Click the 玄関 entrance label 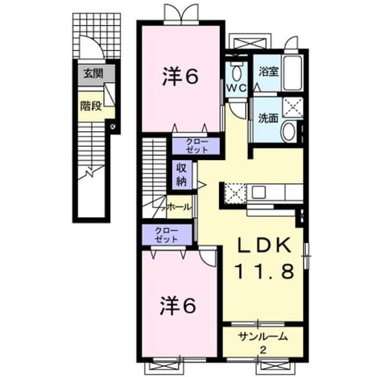[x=93, y=73]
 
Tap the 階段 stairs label [x=91, y=105]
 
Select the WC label [x=237, y=88]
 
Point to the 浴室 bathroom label [x=269, y=71]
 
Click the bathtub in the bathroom [x=292, y=73]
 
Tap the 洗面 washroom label [x=268, y=118]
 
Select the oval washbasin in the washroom [x=289, y=131]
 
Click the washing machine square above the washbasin [x=293, y=108]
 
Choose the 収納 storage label [x=181, y=174]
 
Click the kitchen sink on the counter [x=258, y=192]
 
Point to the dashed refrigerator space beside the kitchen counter [x=235, y=193]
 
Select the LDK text [x=264, y=245]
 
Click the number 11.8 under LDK [x=264, y=271]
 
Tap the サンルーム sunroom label [x=263, y=336]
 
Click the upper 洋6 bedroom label [x=180, y=76]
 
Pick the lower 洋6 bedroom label [x=178, y=305]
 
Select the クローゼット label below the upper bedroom [x=197, y=145]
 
